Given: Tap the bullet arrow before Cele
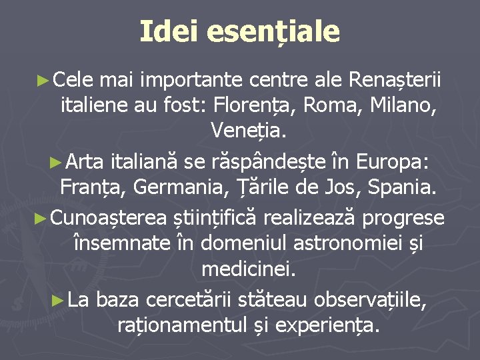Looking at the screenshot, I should coord(43,81).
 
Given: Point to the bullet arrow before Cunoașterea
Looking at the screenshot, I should coord(41,218).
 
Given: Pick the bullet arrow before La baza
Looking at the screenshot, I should coord(58,300).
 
